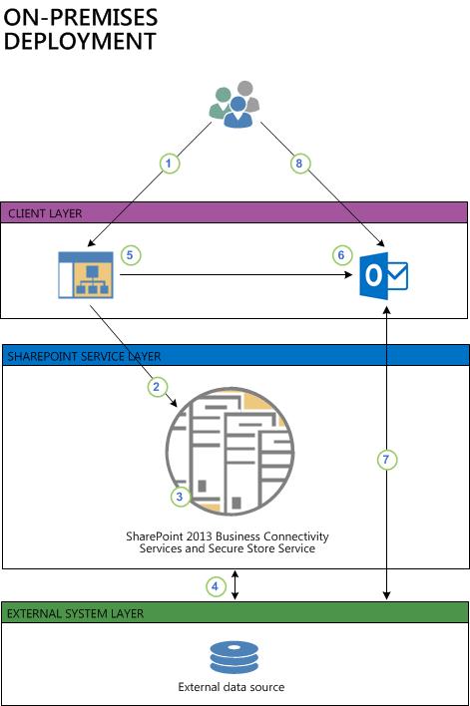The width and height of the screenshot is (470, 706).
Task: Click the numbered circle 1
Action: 170,162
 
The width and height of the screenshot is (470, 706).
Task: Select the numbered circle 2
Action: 155,385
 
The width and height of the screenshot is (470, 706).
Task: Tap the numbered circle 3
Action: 178,495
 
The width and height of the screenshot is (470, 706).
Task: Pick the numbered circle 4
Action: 216,586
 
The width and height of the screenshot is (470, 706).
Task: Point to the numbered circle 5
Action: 130,255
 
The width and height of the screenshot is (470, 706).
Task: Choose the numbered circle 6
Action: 341,255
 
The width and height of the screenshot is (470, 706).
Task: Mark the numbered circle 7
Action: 387,460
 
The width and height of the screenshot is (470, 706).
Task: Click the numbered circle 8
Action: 296,162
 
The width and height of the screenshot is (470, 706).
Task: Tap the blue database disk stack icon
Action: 234,658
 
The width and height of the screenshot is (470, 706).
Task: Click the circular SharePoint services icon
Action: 230,451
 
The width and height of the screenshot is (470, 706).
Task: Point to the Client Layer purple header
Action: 234,212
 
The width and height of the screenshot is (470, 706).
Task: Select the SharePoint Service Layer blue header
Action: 234,356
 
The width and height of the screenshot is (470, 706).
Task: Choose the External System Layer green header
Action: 234,612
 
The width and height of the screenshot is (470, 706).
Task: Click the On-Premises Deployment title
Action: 82,30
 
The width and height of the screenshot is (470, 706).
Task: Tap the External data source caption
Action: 232,687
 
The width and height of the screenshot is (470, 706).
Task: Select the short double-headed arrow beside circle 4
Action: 235,585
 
